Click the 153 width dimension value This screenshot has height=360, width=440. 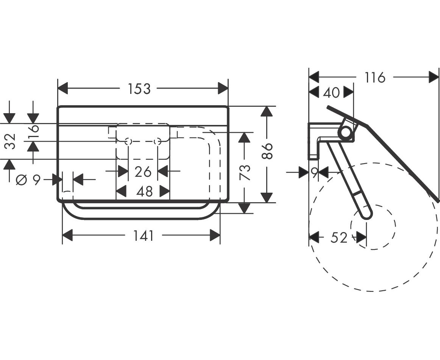point(139,89)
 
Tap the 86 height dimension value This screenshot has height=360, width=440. point(267,151)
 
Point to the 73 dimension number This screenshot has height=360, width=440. point(245,172)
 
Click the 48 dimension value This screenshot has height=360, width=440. point(145,192)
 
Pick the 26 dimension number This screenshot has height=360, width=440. point(143,172)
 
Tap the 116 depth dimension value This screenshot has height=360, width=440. point(374,78)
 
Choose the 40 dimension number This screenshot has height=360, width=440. point(331,92)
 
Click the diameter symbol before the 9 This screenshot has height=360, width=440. point(21,179)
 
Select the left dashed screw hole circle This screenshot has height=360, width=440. point(128,142)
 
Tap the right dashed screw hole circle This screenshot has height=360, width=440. point(158,142)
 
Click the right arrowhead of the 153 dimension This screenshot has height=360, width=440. point(223,89)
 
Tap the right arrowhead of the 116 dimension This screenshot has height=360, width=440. point(434,77)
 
